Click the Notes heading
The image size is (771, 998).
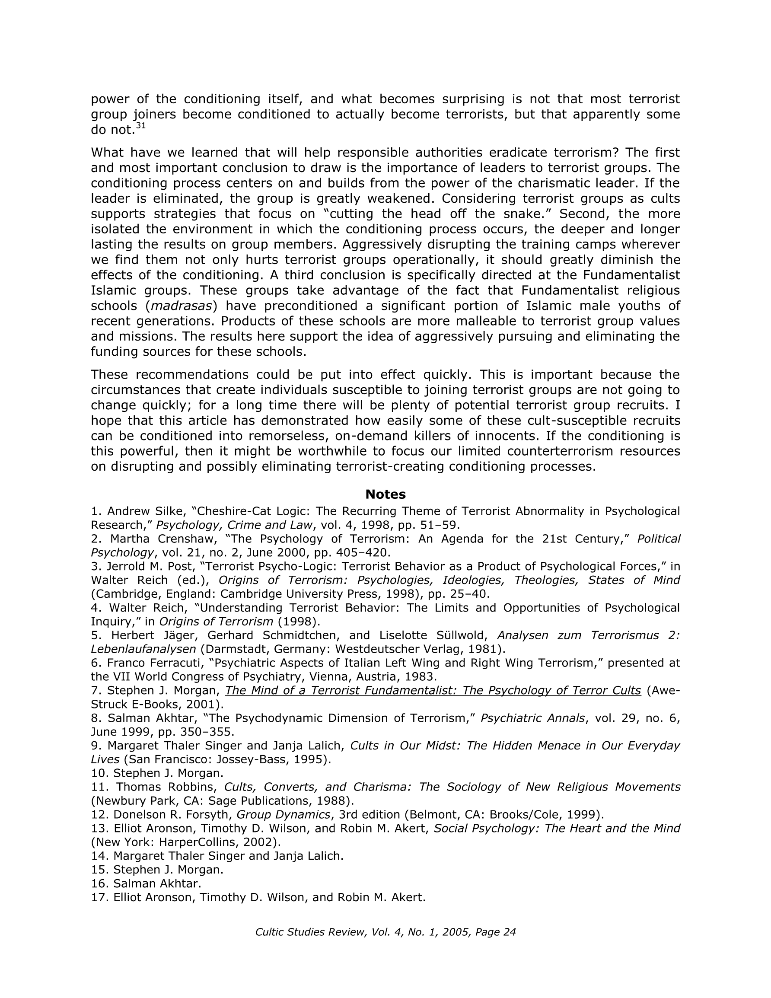tap(385, 494)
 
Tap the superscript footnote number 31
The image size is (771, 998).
tap(141, 126)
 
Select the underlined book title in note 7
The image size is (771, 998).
tap(433, 690)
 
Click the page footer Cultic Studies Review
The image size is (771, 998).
tap(385, 932)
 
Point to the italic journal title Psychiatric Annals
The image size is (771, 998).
tap(532, 718)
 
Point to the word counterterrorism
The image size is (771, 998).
tap(560, 451)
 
